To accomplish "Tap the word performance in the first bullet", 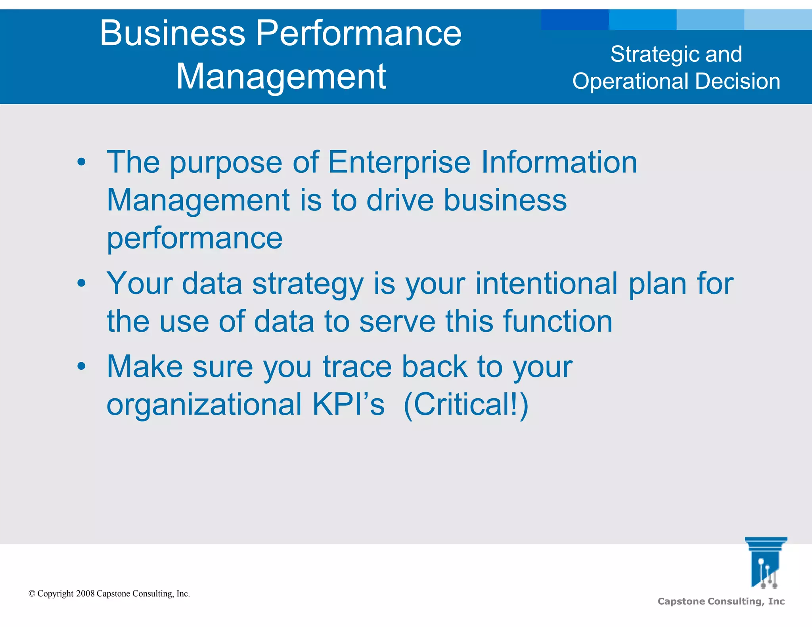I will (x=194, y=239).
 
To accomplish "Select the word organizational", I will (x=204, y=404).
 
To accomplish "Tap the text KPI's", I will (x=348, y=404).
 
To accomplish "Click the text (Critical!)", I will (x=466, y=404).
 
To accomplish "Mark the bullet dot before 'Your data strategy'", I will (x=81, y=283).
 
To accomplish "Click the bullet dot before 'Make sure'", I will (x=81, y=367).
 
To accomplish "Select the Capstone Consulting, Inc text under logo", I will (x=721, y=601).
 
